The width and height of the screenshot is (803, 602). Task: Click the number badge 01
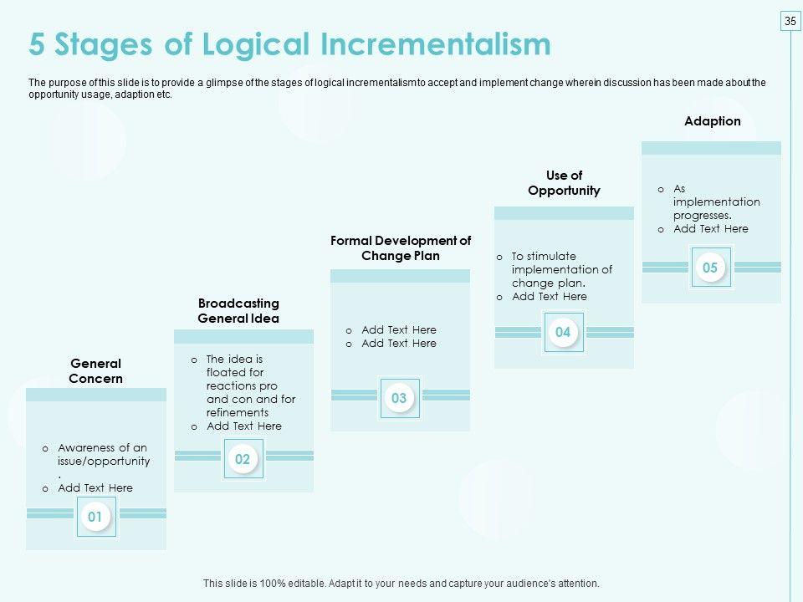tap(95, 517)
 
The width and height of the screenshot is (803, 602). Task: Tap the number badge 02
tap(243, 459)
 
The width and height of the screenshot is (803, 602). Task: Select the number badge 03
tap(400, 398)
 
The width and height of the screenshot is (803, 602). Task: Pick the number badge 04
tap(563, 332)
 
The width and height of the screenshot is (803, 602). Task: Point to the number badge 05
tap(711, 268)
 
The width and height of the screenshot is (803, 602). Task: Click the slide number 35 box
tap(790, 21)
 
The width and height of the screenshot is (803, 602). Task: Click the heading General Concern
tap(95, 371)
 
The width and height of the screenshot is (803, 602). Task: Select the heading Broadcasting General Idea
tap(238, 311)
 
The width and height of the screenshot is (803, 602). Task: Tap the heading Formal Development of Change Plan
tap(401, 247)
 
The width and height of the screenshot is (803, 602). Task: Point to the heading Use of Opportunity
tap(564, 183)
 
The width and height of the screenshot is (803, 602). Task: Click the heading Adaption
tap(713, 120)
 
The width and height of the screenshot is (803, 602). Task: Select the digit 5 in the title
tap(37, 44)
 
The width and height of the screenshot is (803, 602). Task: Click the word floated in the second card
tap(235, 372)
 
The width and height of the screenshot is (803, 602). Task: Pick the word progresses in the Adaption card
tap(702, 216)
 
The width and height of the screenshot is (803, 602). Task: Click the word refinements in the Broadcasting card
tap(238, 412)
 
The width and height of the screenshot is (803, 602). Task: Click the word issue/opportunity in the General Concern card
tap(104, 462)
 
